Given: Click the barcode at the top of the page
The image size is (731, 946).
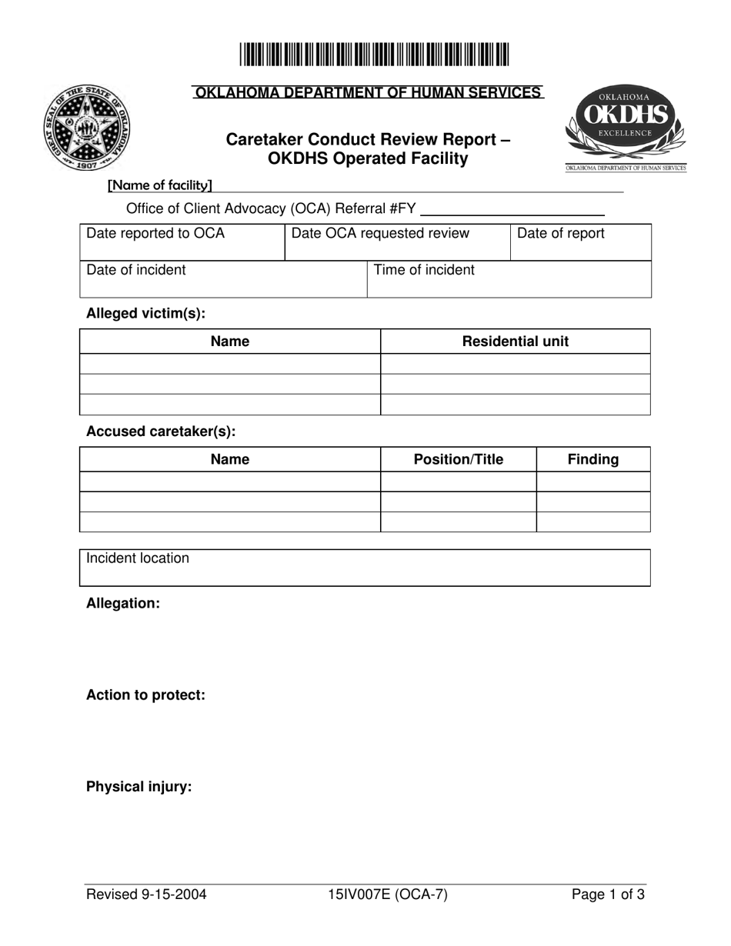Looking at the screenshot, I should pyautogui.click(x=373, y=56).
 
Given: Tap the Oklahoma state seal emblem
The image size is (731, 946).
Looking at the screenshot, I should pyautogui.click(x=87, y=128).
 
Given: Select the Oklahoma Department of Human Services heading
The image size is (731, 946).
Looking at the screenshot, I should pyautogui.click(x=367, y=93).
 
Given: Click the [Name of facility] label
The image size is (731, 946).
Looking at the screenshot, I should pyautogui.click(x=160, y=185).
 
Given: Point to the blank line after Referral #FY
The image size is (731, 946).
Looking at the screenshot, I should pyautogui.click(x=512, y=209).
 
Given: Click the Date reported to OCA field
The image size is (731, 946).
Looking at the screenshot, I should pyautogui.click(x=182, y=242).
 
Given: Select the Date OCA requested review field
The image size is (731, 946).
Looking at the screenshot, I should pyautogui.click(x=397, y=242).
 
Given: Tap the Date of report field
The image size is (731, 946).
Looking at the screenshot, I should pyautogui.click(x=581, y=242).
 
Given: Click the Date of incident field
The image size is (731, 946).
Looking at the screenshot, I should pyautogui.click(x=223, y=278).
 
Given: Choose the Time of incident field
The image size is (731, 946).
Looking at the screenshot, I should pyautogui.click(x=509, y=278).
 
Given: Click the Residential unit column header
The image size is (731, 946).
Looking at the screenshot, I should pyautogui.click(x=516, y=341).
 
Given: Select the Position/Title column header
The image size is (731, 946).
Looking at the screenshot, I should pyautogui.click(x=459, y=459).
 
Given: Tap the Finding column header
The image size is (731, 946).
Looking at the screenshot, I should pyautogui.click(x=593, y=459).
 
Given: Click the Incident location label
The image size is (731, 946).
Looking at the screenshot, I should pyautogui.click(x=138, y=558).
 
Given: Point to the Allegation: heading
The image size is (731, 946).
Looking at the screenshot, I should pyautogui.click(x=123, y=604).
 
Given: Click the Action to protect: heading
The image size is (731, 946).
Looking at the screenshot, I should pyautogui.click(x=145, y=695).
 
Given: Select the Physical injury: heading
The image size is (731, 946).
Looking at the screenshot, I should pyautogui.click(x=139, y=787).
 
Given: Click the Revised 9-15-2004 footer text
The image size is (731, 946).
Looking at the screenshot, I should pyautogui.click(x=146, y=894).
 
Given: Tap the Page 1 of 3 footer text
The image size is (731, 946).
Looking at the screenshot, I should pyautogui.click(x=608, y=894).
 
